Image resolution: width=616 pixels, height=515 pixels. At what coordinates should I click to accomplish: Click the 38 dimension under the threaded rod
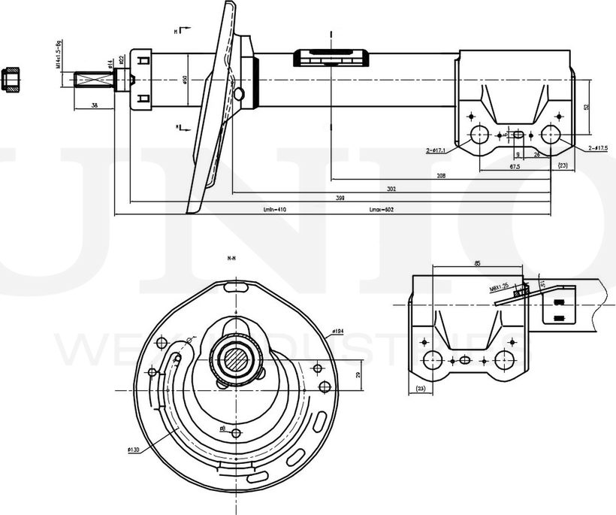(x=94, y=105)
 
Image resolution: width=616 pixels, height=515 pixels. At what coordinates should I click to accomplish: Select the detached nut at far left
(x=11, y=80)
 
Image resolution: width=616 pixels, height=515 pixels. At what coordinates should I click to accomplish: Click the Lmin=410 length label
(x=276, y=209)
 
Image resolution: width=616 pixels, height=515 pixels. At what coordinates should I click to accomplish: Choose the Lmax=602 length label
(x=382, y=209)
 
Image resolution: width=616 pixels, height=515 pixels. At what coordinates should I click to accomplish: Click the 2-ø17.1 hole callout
(x=436, y=150)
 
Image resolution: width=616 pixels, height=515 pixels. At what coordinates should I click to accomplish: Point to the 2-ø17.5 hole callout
(x=598, y=148)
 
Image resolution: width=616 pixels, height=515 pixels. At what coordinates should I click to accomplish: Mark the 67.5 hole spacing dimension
(x=515, y=165)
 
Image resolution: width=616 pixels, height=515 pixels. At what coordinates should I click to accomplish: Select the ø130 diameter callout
(x=133, y=450)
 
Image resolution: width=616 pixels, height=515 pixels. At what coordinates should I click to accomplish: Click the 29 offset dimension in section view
(x=358, y=374)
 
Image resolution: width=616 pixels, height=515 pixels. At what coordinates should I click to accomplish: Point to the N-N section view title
(x=232, y=258)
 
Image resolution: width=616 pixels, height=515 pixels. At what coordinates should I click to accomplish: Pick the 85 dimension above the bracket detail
(x=478, y=263)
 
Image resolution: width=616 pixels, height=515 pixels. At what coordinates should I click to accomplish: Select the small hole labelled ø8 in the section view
(x=237, y=433)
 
